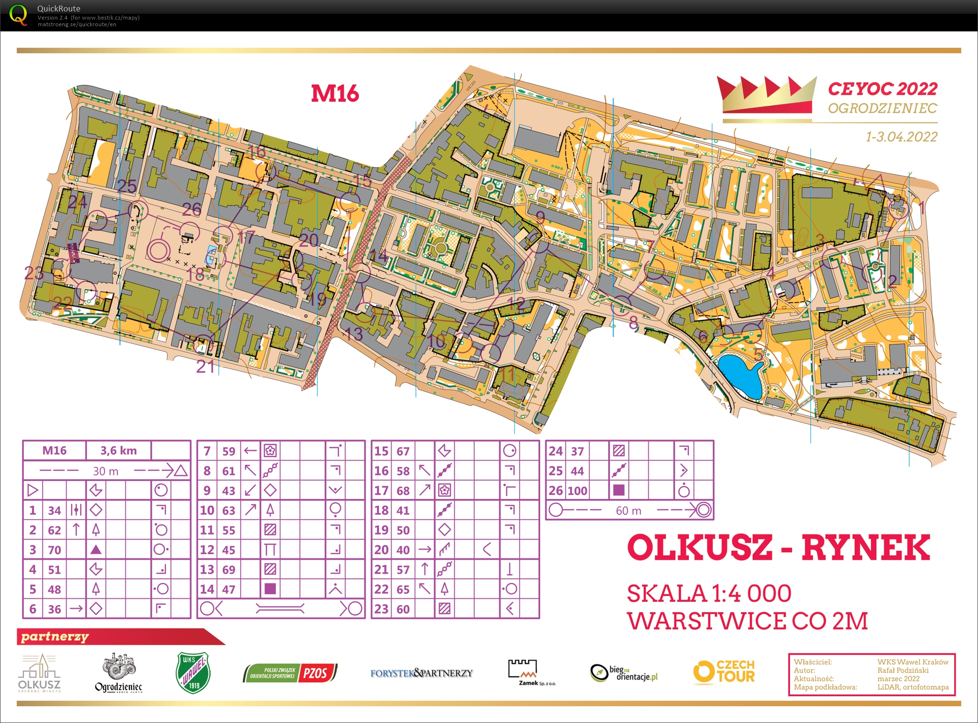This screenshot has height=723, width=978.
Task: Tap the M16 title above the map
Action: pos(335,93)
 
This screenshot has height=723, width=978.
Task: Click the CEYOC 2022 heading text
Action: pos(882,89)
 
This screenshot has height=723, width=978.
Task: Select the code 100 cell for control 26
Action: pos(577,491)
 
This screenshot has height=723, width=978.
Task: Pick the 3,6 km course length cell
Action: pos(118,451)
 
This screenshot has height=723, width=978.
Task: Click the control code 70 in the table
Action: pos(54,550)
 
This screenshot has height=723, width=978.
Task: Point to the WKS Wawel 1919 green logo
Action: pos(193,672)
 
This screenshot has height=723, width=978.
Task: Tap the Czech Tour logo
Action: pos(724,672)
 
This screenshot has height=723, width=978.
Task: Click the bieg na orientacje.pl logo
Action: pos(624,673)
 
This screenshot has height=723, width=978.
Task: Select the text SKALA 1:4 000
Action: pos(709,594)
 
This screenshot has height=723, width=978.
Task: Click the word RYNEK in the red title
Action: pos(865,548)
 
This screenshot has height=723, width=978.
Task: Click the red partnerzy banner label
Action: pos(55,637)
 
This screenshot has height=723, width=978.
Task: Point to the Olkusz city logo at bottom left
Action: pos(39,673)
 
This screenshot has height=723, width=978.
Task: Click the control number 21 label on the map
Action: pos(206,367)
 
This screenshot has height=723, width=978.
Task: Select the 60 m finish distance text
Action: pos(628,511)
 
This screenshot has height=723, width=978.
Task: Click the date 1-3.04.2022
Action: pos(901,137)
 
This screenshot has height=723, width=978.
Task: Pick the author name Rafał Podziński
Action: pos(903,670)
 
